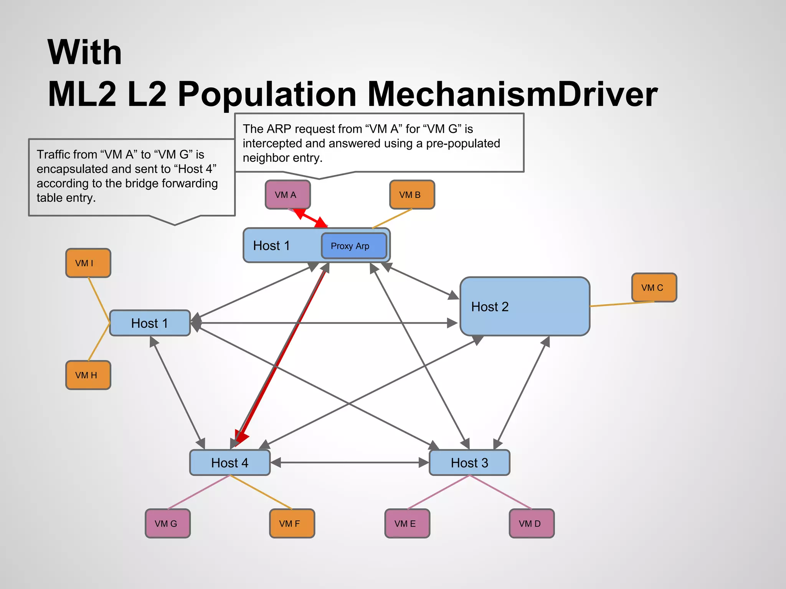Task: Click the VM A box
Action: pos(287,195)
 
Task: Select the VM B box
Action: pos(412,195)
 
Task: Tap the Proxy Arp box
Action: pos(353,246)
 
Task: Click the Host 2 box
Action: pos(524,306)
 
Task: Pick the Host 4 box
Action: pos(230,462)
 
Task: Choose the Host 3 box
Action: pos(469,462)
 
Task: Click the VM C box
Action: pos(654,288)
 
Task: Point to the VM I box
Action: pos(88,263)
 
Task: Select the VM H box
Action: pos(88,375)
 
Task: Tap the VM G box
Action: pos(167,523)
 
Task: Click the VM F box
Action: pos(292,523)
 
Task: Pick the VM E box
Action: pos(407,523)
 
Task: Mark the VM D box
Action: pos(531,523)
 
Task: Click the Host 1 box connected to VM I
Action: pos(150,323)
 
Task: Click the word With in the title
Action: pos(84,53)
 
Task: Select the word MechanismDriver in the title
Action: pos(512,94)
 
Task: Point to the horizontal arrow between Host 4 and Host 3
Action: pos(349,462)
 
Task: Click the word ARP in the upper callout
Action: pos(279,129)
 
